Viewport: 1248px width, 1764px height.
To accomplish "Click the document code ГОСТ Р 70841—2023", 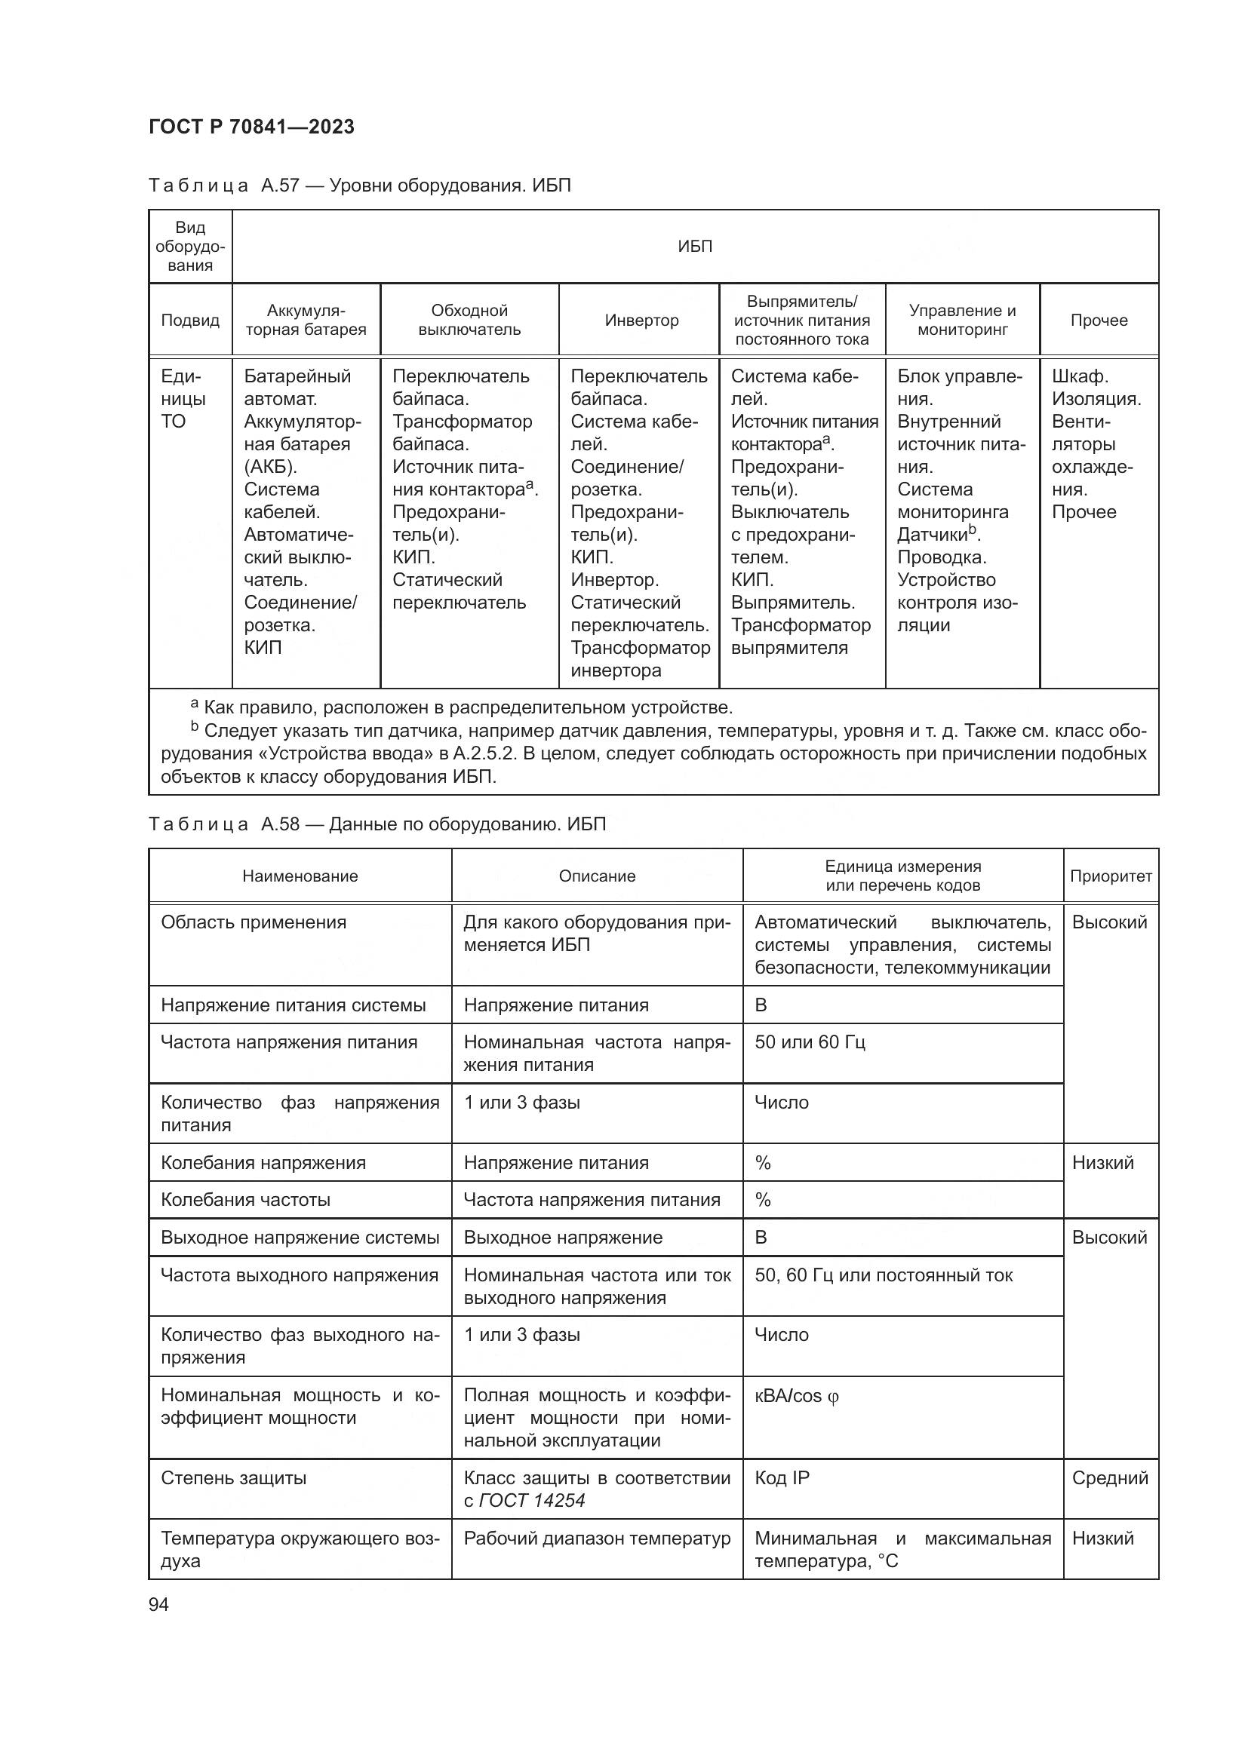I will (251, 127).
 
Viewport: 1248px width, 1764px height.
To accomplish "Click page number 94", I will (158, 1604).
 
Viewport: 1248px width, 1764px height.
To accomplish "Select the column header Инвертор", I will (641, 321).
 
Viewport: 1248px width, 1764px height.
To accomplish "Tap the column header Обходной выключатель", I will (469, 321).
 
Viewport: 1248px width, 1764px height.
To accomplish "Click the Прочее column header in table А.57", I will (1098, 321).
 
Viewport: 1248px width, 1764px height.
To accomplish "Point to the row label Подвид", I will (190, 321).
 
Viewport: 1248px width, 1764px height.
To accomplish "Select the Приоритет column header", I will (1111, 876).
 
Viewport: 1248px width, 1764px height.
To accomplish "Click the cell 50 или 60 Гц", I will (809, 1042).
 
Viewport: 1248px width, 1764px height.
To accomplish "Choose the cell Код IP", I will (782, 1478).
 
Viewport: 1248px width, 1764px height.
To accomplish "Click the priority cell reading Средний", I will (1110, 1478).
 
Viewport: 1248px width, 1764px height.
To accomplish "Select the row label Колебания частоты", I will (245, 1200).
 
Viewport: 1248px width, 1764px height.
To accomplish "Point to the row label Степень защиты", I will (234, 1478).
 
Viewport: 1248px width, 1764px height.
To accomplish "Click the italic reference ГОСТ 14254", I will (532, 1501).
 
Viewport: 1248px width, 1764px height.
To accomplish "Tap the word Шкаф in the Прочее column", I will (1078, 376).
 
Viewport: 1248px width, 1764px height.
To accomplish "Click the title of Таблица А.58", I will (377, 824).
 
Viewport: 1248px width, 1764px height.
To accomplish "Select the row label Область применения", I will (254, 922).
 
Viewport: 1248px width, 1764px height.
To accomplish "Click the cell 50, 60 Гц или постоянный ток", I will (883, 1275).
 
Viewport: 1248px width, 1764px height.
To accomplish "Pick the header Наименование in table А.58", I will (300, 876).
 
